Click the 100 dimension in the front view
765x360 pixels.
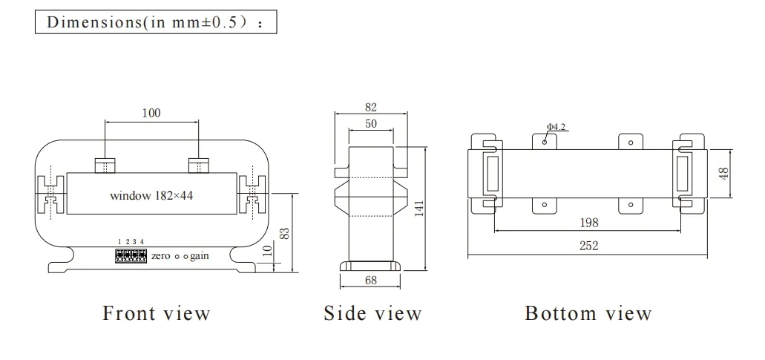click(x=151, y=113)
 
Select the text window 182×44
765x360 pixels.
click(x=151, y=197)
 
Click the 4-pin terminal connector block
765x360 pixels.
click(x=131, y=256)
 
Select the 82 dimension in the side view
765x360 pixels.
click(x=371, y=107)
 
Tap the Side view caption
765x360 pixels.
click(x=372, y=313)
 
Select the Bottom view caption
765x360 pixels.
click(x=588, y=313)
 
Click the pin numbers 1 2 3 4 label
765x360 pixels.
click(x=131, y=243)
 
